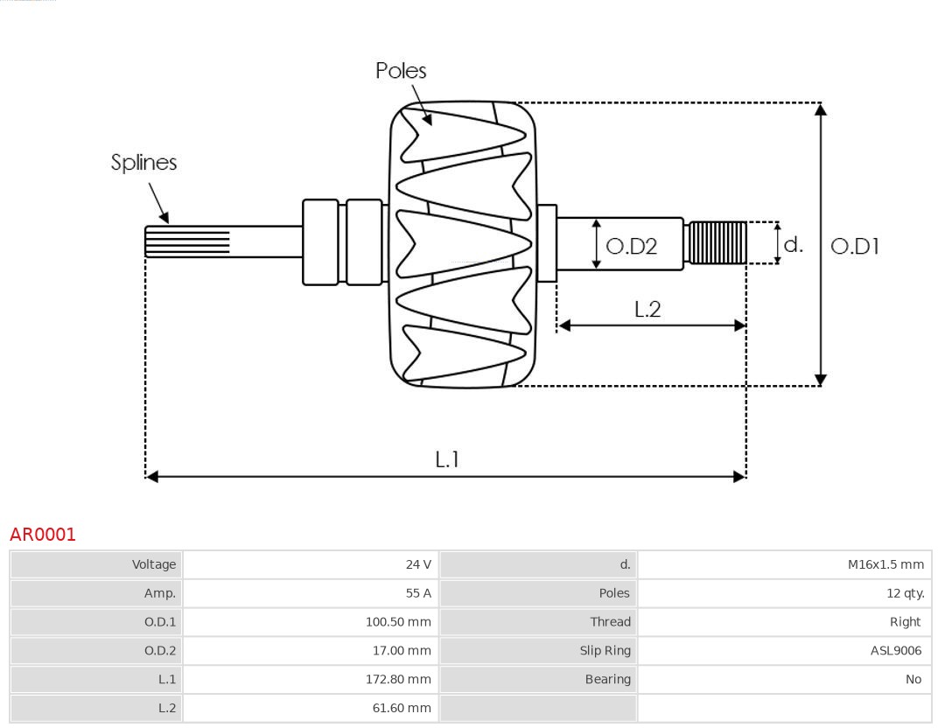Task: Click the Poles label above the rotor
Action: pos(401,71)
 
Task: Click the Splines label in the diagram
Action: pos(143,163)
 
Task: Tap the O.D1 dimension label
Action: pos(854,247)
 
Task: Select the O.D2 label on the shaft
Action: pos(631,247)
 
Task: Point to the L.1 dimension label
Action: pos(447,459)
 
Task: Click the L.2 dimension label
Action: pos(647,309)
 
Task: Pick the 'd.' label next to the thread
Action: pos(793,245)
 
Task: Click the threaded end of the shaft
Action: pos(717,243)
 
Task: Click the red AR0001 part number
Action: pos(43,535)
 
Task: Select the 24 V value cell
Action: pos(418,565)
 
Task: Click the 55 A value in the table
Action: pos(418,593)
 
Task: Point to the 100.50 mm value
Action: pos(398,622)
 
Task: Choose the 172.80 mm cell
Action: pos(398,679)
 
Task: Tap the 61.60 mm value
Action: pos(402,708)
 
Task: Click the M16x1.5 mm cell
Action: pos(885,565)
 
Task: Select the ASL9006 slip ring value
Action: pos(896,650)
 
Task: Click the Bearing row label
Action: pos(607,679)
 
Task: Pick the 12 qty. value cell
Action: pos(905,593)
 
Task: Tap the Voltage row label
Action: pos(154,565)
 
